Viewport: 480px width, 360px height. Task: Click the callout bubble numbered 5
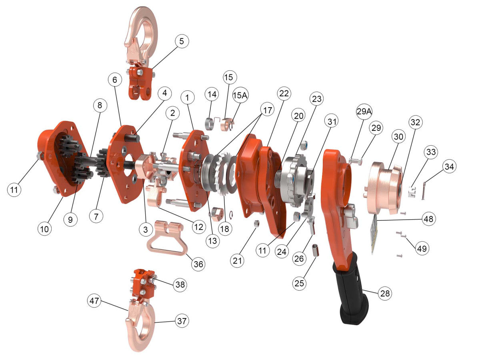coord(182,41)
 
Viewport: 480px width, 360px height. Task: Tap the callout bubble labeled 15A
coord(240,95)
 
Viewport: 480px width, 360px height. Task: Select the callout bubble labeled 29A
coord(364,112)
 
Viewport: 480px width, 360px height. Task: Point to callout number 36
coord(198,264)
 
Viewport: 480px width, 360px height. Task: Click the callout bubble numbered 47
coord(94,301)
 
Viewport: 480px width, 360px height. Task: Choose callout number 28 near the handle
coord(385,293)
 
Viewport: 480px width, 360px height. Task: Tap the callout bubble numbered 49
coord(422,248)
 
